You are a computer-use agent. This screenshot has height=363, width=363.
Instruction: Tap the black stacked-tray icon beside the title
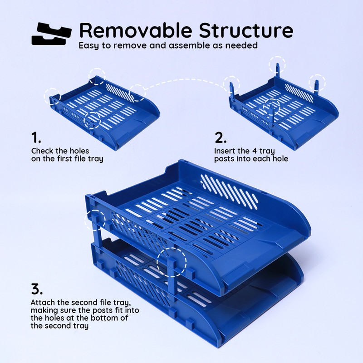[51, 33]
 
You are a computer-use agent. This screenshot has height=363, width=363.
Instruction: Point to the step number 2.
[221, 137]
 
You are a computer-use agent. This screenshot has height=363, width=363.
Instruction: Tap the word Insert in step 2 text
[225, 151]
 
